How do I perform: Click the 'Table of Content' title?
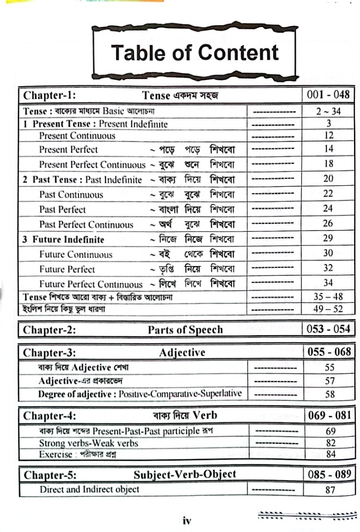[195, 53]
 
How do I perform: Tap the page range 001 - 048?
[328, 95]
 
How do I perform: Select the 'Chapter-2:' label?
[50, 329]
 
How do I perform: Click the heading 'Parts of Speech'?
[185, 329]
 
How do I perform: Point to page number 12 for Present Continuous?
[328, 136]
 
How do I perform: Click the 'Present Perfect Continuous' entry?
[92, 165]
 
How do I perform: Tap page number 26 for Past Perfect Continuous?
[328, 224]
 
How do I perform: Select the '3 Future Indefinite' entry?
[64, 239]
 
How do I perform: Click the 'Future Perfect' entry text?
[67, 269]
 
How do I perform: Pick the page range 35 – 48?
[328, 297]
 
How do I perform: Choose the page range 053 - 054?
[328, 329]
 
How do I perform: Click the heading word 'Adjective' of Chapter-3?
[182, 353]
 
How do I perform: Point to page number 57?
[330, 381]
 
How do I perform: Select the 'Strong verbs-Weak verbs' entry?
[89, 443]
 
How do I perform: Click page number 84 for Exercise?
[330, 454]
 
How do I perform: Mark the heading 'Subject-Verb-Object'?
[185, 475]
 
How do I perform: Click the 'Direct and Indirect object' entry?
[90, 490]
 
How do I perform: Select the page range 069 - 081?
[330, 415]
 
